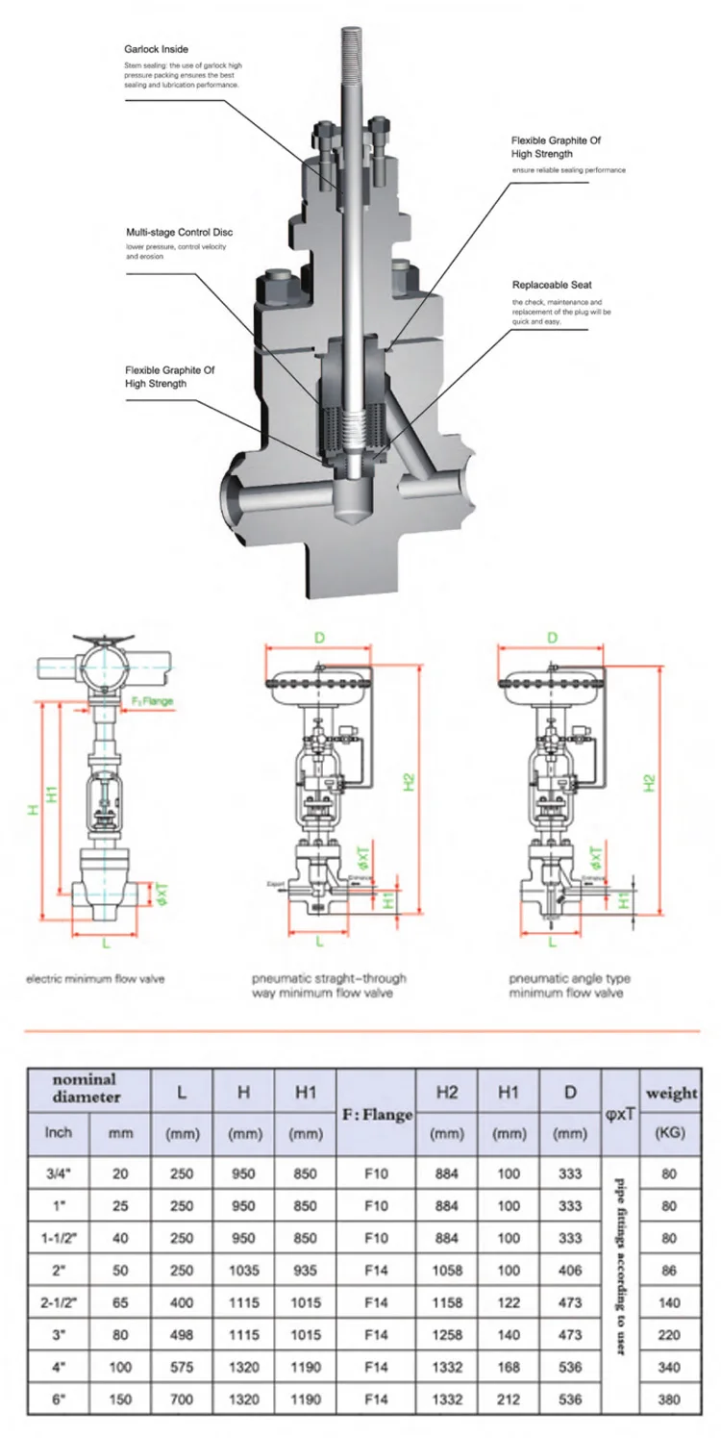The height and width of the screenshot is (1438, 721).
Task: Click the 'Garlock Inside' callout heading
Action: point(157,47)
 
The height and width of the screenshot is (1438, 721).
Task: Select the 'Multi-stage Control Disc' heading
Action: point(179,233)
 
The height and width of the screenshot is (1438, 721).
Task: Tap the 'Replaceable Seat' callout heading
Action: point(552,286)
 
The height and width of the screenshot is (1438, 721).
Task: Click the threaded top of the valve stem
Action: point(350,58)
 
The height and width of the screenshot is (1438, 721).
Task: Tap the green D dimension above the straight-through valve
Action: point(318,638)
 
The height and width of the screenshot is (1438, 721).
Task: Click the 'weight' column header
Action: point(670,1093)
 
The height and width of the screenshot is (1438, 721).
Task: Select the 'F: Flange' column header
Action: point(377,1115)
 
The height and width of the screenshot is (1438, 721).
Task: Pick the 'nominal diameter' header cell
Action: point(87,1088)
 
